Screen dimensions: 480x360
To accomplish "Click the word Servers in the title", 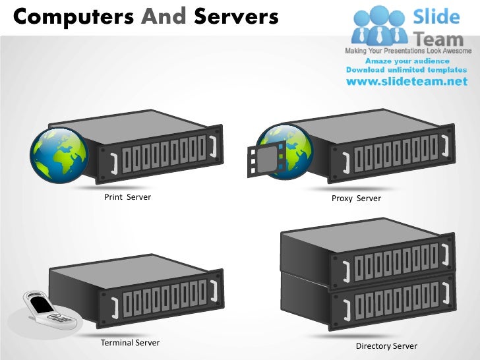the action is pos(236,16).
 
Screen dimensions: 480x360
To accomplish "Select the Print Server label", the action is pos(127,197).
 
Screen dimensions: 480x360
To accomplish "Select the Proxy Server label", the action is pos(356,198).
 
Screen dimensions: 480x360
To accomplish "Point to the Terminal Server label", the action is pos(130,343).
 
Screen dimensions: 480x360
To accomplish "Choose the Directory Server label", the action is pos(386,346).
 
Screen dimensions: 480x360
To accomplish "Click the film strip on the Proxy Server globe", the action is pos(264,159).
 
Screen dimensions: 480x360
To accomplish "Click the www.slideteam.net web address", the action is pos(406,82).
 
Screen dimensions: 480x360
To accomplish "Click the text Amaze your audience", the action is pos(406,61).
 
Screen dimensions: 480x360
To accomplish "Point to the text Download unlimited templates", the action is pos(406,70).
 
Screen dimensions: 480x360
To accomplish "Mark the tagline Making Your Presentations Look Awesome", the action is pos(408,51).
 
